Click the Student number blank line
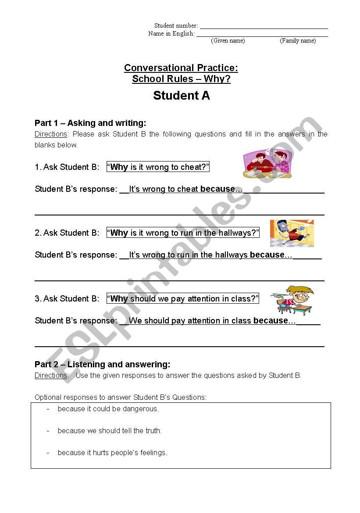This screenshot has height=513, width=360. point(264,28)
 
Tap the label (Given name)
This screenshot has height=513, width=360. point(228,41)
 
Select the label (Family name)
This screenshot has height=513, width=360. point(298,41)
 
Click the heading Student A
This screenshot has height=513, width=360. point(181,96)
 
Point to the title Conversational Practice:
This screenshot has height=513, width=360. point(181,68)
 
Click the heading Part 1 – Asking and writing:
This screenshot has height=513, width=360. point(90,123)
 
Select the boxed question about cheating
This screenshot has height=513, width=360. point(158,167)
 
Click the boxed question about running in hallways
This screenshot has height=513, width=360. point(183,233)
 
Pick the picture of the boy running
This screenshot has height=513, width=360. point(292,233)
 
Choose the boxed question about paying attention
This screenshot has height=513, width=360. point(183,298)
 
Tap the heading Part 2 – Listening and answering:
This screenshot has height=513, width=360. point(102,364)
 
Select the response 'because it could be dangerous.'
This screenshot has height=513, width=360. point(108,409)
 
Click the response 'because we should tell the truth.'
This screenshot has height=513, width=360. point(110,430)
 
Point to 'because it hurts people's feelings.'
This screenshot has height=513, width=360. point(112,452)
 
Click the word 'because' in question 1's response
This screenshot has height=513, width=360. point(217,189)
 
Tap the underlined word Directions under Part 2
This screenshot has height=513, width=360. point(51,376)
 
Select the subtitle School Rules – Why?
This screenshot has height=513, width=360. point(181,79)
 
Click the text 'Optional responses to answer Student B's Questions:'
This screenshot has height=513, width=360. point(121,397)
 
